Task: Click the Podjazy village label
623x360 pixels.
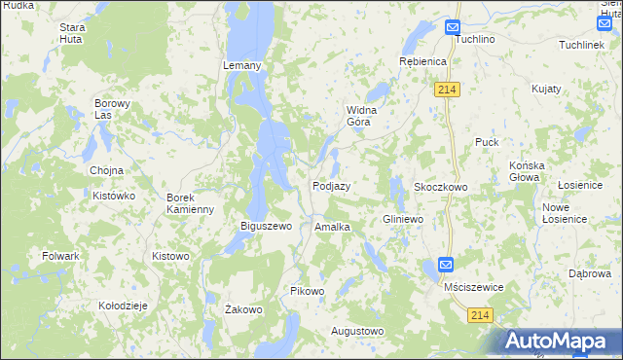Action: pos(331,186)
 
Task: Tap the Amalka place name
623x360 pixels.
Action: pos(332,227)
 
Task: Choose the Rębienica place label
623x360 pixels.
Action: pos(422,61)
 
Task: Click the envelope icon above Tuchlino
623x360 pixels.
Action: pos(453,27)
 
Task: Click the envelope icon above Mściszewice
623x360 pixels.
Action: pos(445,265)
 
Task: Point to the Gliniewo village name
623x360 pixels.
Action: pos(403,220)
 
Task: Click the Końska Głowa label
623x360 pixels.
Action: pos(531,171)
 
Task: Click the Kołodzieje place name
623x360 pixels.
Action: pos(123,306)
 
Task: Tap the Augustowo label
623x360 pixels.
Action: pos(357,331)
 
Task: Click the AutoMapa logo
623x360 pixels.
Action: pos(559,342)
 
